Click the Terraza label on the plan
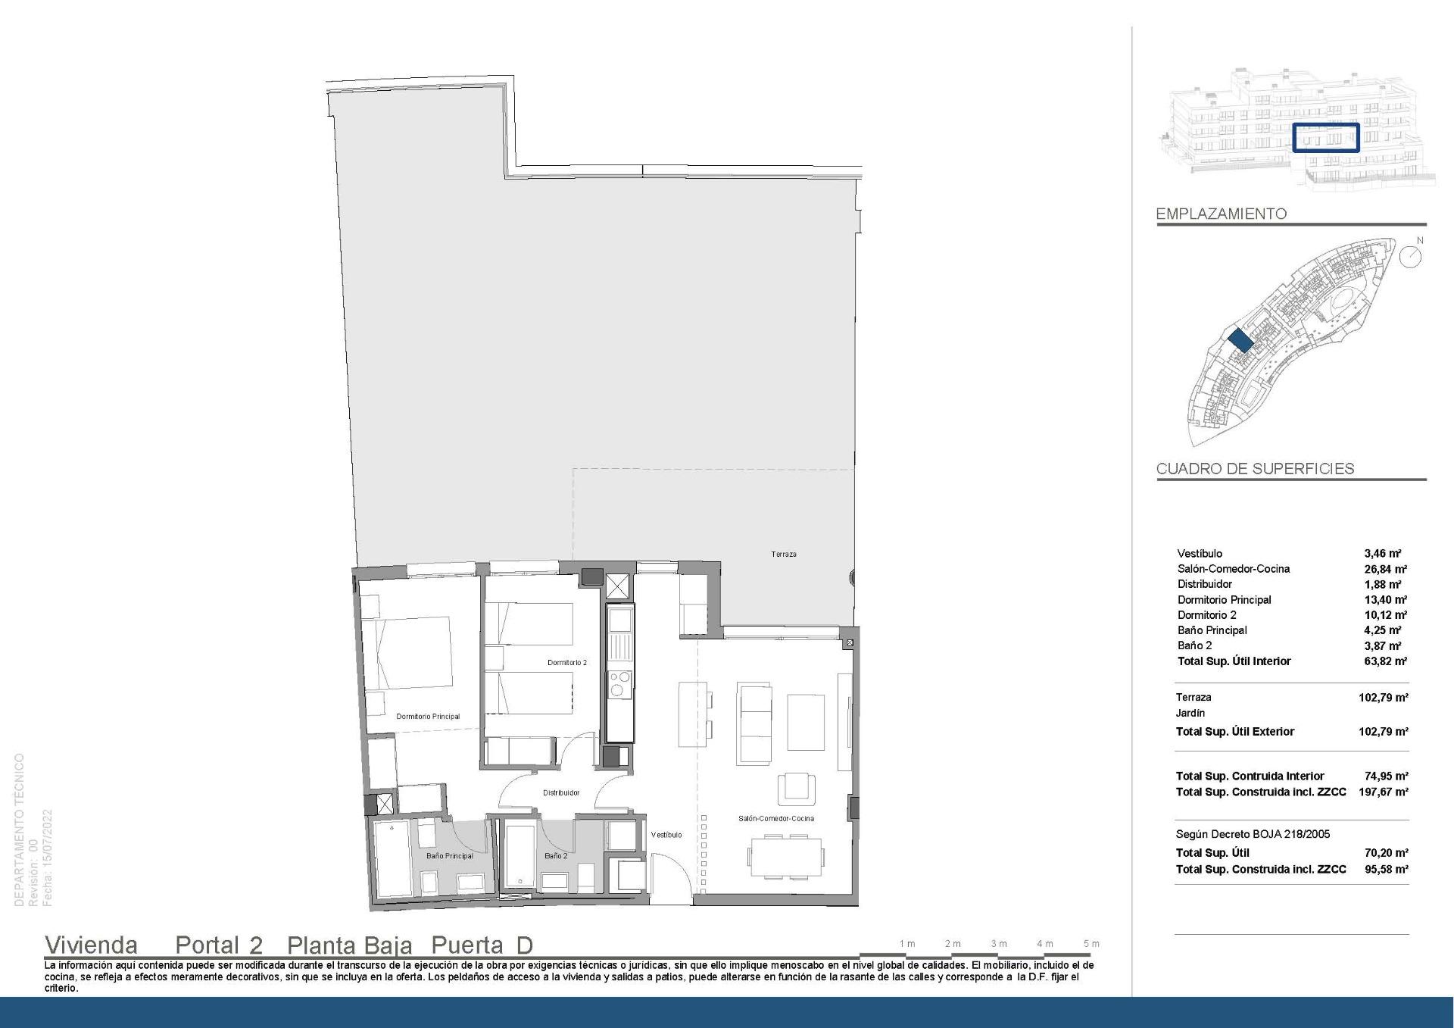click(783, 555)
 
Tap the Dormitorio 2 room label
click(567, 663)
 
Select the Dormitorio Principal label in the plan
click(428, 717)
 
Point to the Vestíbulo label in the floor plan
click(666, 835)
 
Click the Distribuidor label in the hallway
click(561, 793)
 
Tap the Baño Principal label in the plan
click(449, 856)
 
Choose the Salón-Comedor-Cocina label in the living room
click(776, 819)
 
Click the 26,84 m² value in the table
click(1385, 569)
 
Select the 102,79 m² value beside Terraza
click(1383, 698)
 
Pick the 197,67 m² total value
click(1383, 792)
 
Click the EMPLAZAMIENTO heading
click(1221, 214)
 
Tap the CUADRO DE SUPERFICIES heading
click(1255, 469)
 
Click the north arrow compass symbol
click(1410, 256)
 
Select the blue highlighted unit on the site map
click(1240, 340)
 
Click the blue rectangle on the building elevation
click(1325, 138)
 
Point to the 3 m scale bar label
click(999, 944)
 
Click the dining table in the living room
click(785, 857)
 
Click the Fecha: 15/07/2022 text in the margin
click(48, 858)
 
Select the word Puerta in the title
click(466, 945)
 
